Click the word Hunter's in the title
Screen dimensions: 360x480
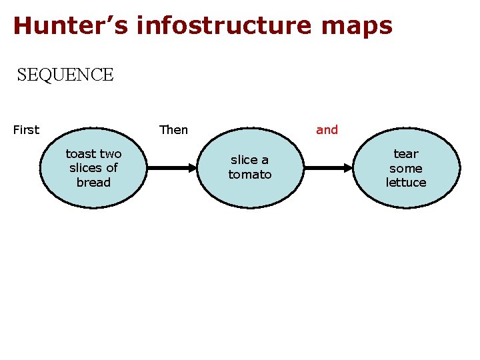pos(69,25)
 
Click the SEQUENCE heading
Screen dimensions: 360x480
pos(65,75)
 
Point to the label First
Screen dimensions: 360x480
pos(26,130)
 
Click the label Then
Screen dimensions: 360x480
pos(173,130)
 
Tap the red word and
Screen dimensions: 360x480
pos(327,130)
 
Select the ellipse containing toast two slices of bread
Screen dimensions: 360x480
pos(93,167)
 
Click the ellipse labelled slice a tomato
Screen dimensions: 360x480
pos(250,167)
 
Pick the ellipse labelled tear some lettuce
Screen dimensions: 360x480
pos(406,167)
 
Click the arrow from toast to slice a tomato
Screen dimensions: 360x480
pos(172,167)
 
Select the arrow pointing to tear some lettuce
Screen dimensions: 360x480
pos(328,167)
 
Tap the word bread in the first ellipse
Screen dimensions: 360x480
pos(93,182)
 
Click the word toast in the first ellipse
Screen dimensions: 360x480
pos(80,154)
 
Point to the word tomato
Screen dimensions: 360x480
pos(250,175)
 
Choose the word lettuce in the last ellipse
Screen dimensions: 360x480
pos(406,182)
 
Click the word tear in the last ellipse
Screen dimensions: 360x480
pos(406,154)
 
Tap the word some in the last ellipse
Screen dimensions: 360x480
pos(406,168)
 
